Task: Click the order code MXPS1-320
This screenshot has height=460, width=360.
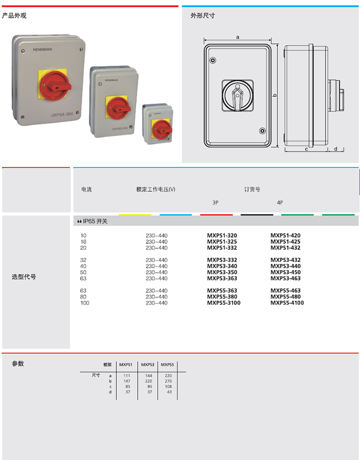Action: click(222, 236)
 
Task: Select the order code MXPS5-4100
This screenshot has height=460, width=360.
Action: click(287, 303)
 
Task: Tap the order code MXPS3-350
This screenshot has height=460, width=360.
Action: click(222, 272)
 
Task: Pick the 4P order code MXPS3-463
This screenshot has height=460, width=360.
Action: click(286, 278)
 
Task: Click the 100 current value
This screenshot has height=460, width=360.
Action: click(85, 303)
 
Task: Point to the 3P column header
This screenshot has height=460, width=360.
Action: click(216, 202)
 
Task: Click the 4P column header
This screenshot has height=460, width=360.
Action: click(280, 202)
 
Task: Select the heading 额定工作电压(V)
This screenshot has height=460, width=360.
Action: click(156, 189)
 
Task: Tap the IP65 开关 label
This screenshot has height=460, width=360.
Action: click(94, 221)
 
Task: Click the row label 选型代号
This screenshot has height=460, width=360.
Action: click(24, 277)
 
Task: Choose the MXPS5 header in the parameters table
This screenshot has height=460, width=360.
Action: click(167, 364)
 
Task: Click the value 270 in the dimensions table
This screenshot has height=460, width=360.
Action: click(168, 381)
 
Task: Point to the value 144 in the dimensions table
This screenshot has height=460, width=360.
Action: click(148, 375)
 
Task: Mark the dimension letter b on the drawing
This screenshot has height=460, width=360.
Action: click(274, 96)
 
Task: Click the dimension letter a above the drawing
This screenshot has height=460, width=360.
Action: click(237, 37)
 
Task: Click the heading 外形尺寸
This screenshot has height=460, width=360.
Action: click(202, 16)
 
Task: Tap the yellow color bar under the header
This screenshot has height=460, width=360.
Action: click(135, 215)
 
